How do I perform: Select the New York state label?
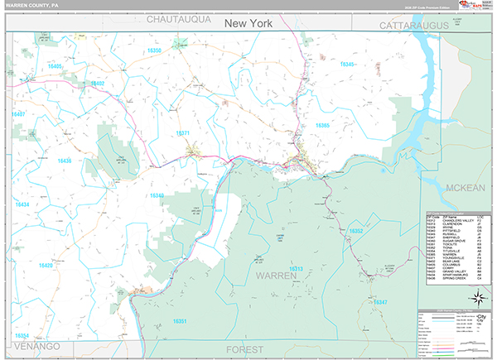click(254, 25)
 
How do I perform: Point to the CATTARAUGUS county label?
click(413, 26)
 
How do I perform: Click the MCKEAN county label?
click(465, 188)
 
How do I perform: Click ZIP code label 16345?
click(346, 65)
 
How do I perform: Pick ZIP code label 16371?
click(183, 133)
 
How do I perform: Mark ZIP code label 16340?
click(157, 195)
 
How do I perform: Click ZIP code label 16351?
click(181, 320)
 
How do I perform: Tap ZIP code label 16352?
click(356, 231)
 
